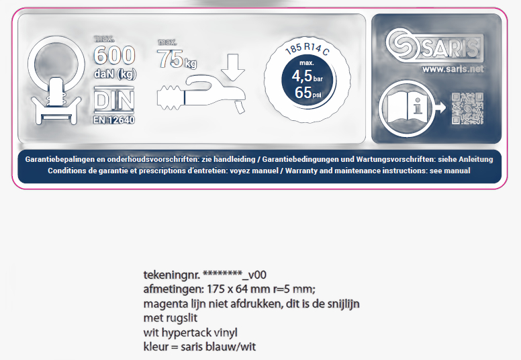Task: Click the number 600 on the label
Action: click(115, 55)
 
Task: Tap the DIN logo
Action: click(114, 100)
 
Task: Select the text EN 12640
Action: click(114, 120)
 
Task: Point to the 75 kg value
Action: click(177, 59)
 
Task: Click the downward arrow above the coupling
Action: click(233, 67)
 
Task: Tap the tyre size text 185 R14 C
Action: click(307, 48)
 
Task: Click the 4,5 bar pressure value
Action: click(307, 76)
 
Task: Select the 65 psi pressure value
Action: click(308, 93)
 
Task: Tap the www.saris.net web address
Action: click(453, 69)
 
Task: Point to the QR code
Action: click(467, 108)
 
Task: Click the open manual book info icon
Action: click(407, 108)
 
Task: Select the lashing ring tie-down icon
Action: click(56, 80)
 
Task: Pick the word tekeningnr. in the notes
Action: click(171, 275)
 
